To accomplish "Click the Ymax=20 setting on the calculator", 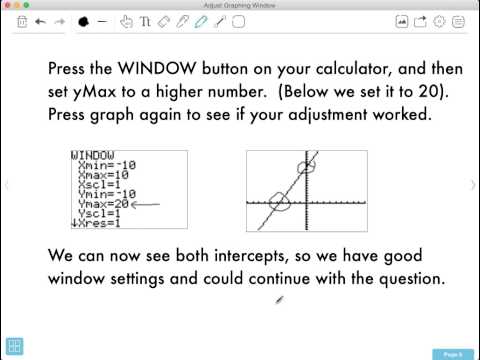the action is pos(103,203).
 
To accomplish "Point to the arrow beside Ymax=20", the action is pos(146,204).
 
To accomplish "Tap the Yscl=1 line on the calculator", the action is pos(100,213).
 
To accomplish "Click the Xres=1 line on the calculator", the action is pos(100,223).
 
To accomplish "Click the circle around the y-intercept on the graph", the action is pos(305,167).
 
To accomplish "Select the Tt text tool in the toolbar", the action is pos(146,20).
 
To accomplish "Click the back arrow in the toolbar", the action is pos(40,20).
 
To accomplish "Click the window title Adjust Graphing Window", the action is pos(240,6).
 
